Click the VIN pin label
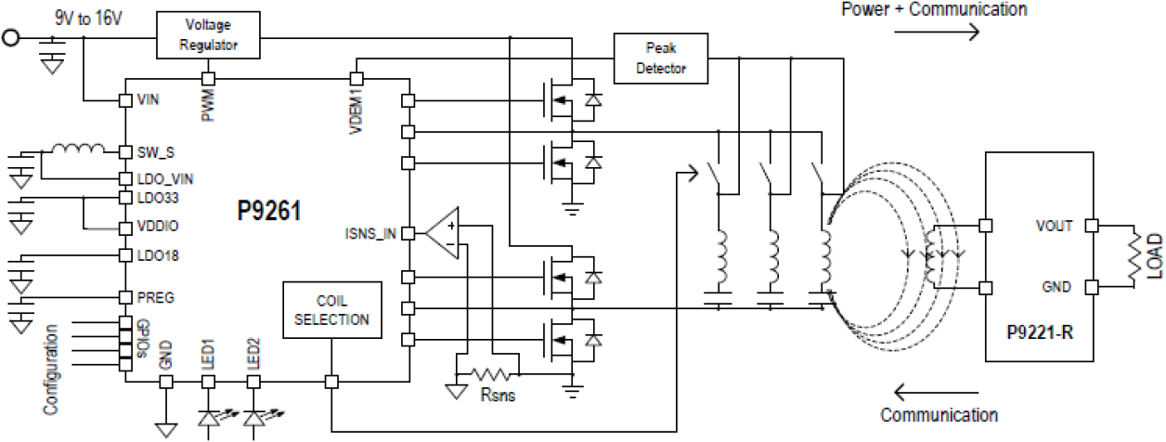click(149, 98)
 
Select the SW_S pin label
click(154, 151)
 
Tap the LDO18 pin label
click(155, 255)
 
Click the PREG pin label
click(154, 297)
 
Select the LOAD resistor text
click(1155, 256)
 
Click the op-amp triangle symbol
click(444, 236)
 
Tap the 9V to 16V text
click(88, 16)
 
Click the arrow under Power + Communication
click(937, 32)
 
